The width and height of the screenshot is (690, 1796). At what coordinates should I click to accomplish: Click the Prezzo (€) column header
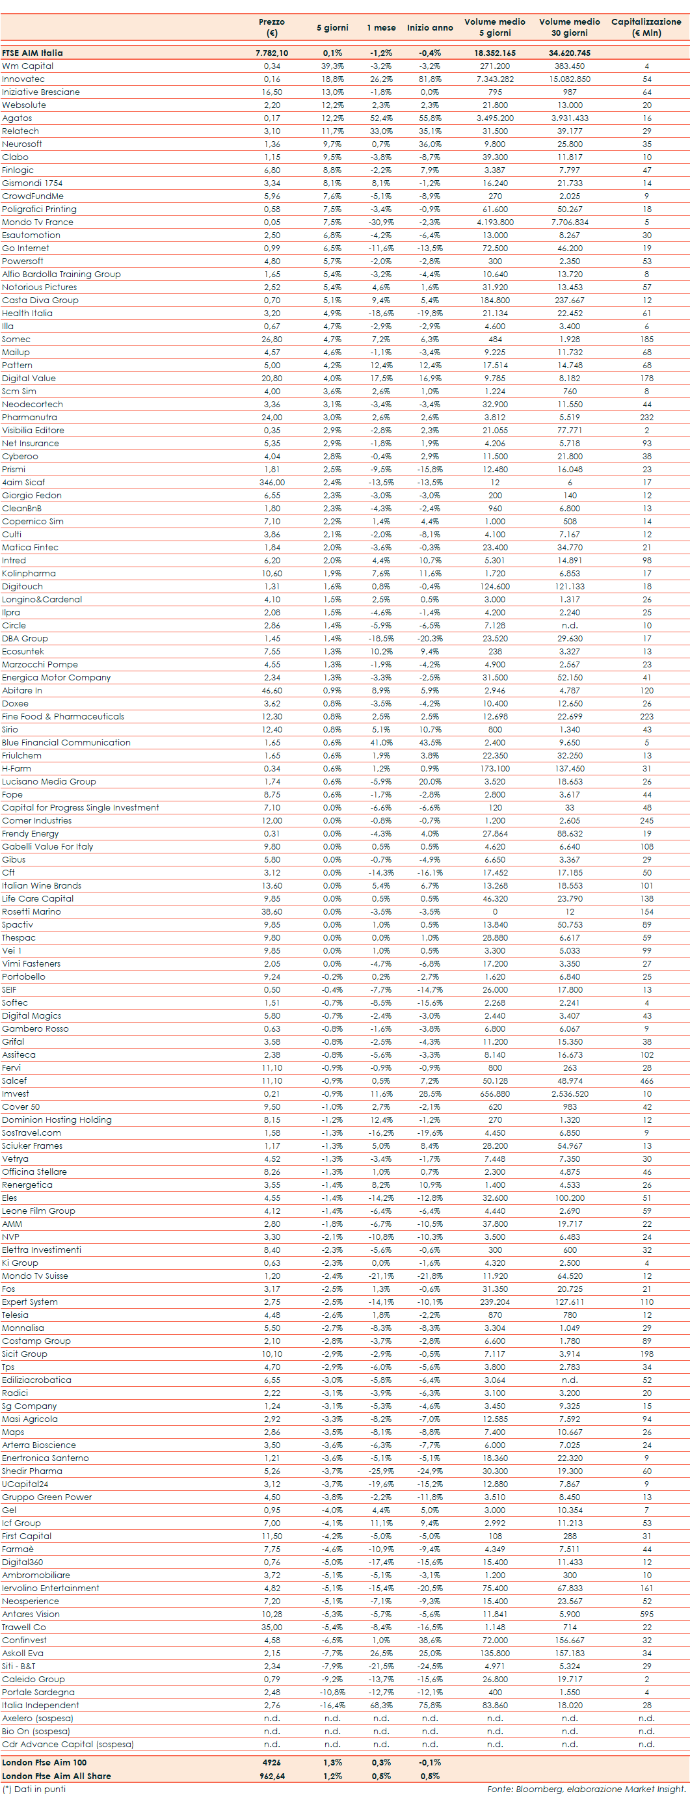271,27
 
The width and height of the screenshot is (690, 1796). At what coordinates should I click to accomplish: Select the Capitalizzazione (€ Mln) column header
646,27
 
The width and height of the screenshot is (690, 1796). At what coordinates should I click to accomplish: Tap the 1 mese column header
381,28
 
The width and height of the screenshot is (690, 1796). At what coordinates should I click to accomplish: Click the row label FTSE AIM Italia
32,53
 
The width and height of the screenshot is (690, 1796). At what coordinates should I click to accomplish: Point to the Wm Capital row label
28,66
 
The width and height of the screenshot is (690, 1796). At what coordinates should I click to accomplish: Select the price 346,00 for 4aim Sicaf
272,483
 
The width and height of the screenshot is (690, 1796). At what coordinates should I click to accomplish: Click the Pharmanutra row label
29,417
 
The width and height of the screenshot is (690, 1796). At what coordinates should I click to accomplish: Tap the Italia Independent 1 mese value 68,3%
381,1706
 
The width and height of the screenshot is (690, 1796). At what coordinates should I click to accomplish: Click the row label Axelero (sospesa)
37,1719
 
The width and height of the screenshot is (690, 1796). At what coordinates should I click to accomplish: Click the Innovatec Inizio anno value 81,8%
430,79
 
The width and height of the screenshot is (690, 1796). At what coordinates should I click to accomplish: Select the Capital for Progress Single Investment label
80,807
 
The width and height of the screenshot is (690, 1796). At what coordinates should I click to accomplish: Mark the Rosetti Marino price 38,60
272,911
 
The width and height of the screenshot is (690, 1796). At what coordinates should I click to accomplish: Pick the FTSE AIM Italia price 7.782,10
272,53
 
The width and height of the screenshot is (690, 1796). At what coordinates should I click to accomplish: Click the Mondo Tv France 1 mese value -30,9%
381,222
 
